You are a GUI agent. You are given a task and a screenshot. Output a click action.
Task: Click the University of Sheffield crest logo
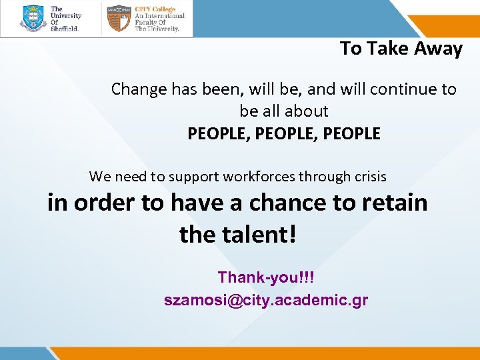point(33,18)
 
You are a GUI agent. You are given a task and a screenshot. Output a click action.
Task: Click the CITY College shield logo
point(119,19)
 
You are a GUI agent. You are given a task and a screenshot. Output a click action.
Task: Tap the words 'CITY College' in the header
point(155,9)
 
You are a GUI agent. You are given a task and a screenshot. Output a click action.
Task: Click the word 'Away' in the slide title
point(437,49)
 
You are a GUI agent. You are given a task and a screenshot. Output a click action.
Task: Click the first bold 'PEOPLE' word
point(217,133)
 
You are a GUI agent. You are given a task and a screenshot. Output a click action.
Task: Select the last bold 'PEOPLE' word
point(351,133)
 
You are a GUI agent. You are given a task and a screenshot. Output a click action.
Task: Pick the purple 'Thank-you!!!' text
point(265,277)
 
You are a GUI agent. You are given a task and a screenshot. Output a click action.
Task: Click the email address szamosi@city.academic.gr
point(265,300)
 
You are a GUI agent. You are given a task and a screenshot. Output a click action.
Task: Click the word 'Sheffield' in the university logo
point(65,29)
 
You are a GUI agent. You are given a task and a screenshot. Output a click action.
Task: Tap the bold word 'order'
point(105,202)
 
